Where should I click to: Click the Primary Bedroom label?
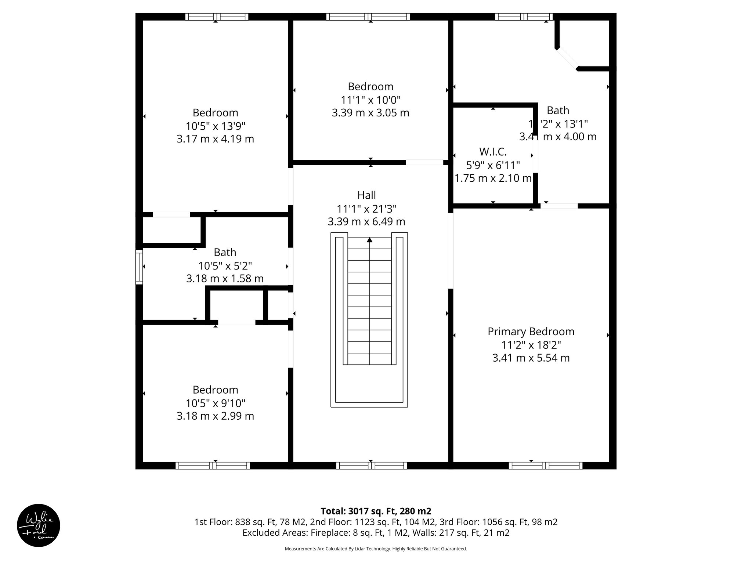point(531,332)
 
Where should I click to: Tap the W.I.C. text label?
point(493,152)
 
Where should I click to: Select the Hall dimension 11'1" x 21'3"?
point(366,209)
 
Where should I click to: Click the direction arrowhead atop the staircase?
point(369,240)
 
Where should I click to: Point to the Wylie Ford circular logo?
point(39,525)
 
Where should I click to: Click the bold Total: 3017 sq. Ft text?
point(376,511)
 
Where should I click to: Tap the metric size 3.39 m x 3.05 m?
point(370,113)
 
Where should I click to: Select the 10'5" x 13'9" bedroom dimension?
point(215,126)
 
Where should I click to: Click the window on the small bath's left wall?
point(139,267)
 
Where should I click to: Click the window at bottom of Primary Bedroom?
point(545,466)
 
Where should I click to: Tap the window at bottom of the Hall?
point(371,466)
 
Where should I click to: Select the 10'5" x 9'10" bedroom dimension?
point(215,403)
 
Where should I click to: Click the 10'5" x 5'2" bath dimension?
point(225,265)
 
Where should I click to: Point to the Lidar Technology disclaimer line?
point(376,549)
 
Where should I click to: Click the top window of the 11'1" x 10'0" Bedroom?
point(368,17)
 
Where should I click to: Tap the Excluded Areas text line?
point(376,533)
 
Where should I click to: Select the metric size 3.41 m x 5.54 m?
point(531,358)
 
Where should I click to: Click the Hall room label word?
point(366,195)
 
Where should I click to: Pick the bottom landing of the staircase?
point(369,386)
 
